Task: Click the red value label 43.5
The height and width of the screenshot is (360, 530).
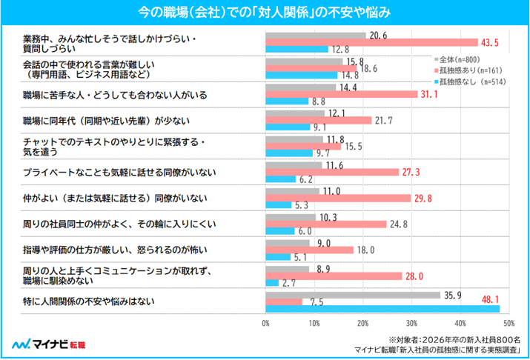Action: tap(490, 43)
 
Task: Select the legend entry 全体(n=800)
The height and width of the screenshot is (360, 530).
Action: tap(457, 60)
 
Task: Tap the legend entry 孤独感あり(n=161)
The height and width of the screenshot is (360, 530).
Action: tap(468, 70)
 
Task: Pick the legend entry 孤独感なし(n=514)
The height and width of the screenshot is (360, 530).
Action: tap(470, 81)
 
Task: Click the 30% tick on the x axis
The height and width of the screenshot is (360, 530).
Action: tap(411, 324)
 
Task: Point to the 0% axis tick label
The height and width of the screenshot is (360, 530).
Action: tap(265, 324)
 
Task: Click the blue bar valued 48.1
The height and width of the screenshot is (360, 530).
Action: tap(382, 309)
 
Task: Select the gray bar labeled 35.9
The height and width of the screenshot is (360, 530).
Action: tap(353, 296)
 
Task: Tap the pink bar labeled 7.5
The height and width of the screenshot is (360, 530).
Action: tap(284, 302)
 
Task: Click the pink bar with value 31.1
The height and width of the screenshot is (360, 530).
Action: tap(342, 94)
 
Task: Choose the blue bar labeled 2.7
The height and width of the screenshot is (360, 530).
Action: tap(272, 283)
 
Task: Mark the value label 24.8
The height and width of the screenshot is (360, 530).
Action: tap(399, 224)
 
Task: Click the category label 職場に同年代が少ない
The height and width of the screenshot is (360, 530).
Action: tap(106, 121)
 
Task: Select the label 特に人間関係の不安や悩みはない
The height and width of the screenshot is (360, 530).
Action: tap(88, 301)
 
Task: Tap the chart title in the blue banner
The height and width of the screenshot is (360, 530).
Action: tap(265, 13)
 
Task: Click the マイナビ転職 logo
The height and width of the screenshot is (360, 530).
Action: tap(49, 344)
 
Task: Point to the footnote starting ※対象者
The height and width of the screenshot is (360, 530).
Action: tap(454, 340)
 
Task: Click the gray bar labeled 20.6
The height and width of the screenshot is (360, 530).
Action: tap(316, 36)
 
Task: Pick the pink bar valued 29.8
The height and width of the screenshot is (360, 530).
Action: tap(338, 199)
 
